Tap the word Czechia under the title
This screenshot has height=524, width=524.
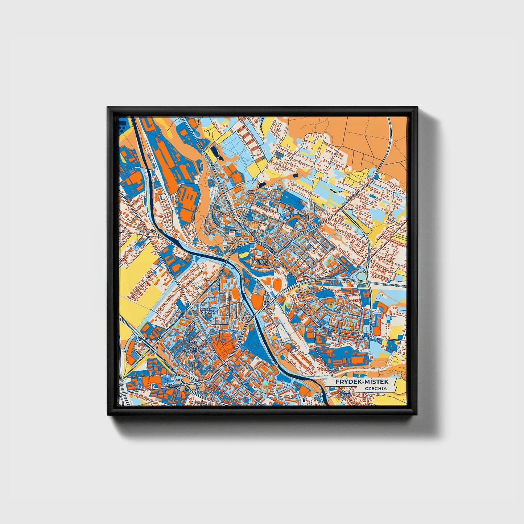376,388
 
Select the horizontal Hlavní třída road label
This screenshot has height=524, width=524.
327,277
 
